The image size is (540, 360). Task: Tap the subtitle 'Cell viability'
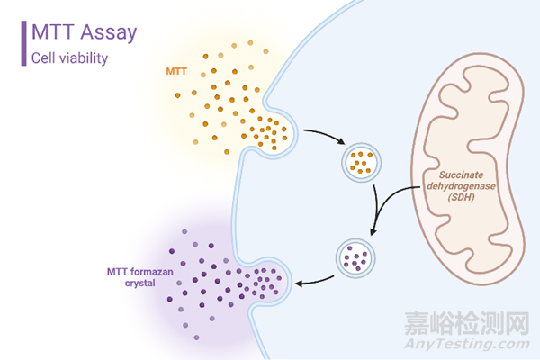point(70,58)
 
